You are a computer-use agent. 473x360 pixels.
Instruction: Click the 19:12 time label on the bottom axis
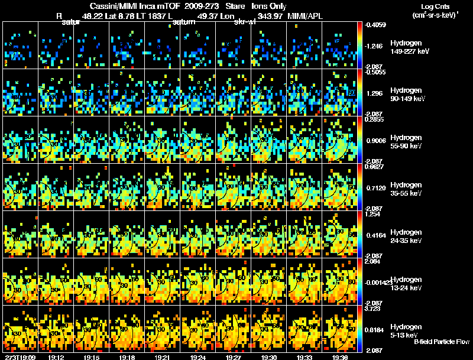56,357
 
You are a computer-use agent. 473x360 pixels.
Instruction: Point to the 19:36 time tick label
340,357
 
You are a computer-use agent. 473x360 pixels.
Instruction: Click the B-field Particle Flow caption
442,342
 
